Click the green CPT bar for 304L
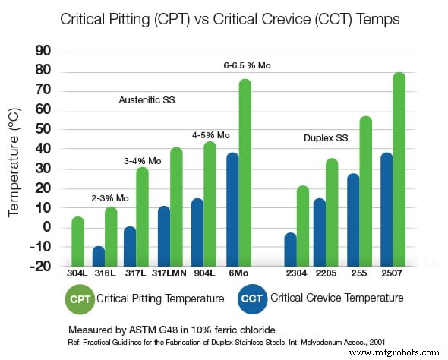tap(77, 242)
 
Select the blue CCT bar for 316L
tap(98, 256)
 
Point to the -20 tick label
tap(38, 266)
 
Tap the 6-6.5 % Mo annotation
tap(247, 66)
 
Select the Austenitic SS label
tap(147, 99)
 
